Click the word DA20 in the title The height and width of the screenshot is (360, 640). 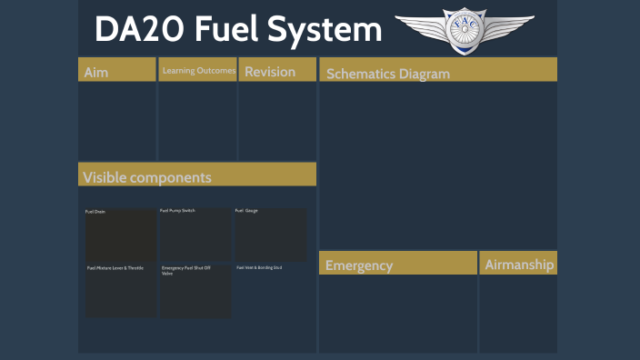point(137,30)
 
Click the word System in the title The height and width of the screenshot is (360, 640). point(330,30)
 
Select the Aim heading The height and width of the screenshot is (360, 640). point(95,72)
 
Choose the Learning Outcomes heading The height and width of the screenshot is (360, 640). point(198,70)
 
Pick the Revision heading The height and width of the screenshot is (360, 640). point(270,71)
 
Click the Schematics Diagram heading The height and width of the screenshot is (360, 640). point(388,74)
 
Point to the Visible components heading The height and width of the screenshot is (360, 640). point(147,176)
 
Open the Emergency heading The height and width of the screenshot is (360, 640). point(359,265)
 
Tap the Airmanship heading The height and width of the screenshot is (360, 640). point(519,265)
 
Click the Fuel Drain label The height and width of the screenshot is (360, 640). point(95,211)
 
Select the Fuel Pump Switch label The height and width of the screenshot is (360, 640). point(177,211)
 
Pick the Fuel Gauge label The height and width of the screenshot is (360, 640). point(246,211)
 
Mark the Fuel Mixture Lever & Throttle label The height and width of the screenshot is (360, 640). point(115,268)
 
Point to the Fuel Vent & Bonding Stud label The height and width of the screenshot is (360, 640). point(260,267)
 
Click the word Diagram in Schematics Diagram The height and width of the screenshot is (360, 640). point(425,74)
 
